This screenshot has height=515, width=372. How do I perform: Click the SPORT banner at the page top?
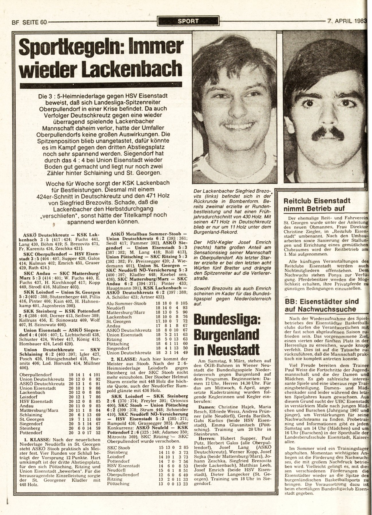[x=188, y=21]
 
